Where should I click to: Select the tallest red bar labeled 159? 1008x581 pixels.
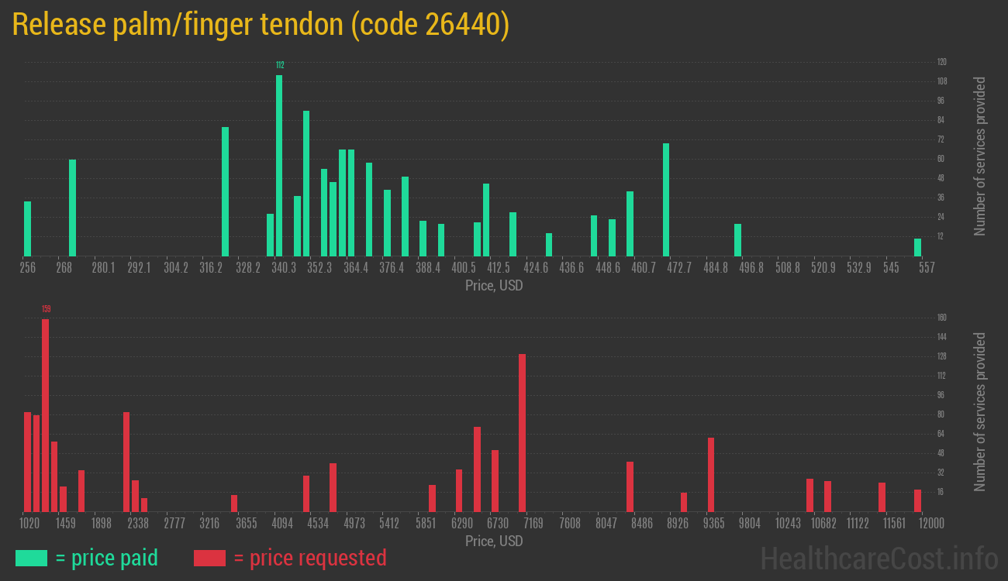point(45,414)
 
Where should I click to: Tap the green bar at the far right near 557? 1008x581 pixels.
point(917,247)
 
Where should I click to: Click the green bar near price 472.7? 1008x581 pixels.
point(666,199)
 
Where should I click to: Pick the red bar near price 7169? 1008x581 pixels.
point(522,432)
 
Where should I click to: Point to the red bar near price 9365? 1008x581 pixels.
point(710,474)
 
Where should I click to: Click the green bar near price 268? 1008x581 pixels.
point(72,208)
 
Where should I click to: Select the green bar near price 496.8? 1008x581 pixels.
point(737,239)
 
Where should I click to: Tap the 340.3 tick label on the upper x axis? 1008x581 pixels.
point(283,268)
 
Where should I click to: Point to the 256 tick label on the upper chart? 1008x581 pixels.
point(28,268)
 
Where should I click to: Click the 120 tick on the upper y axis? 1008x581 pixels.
point(941,62)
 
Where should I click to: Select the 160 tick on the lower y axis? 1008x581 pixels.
point(941,318)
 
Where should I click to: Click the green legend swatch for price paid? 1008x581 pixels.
point(31,558)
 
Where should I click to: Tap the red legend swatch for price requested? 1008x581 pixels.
point(209,558)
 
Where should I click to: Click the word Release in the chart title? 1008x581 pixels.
point(59,26)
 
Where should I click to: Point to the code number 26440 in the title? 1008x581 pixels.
point(462,26)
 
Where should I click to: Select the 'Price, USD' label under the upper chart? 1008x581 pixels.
point(494,286)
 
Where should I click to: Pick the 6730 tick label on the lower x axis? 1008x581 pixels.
point(497,524)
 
